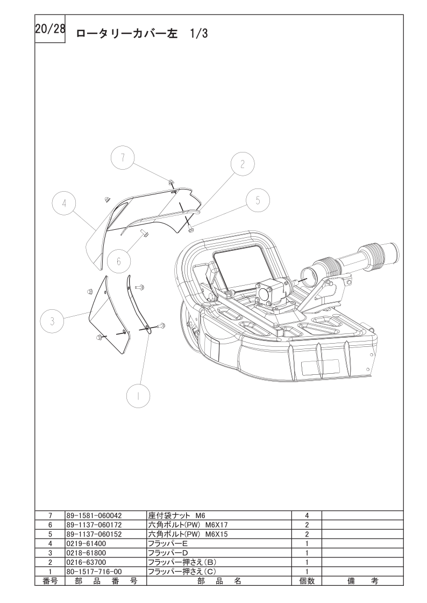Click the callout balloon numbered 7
point(122,158)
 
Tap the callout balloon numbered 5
point(258,200)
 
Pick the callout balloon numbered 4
point(64,203)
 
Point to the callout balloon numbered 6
point(119,261)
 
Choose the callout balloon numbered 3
point(52,321)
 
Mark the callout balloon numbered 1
point(138,396)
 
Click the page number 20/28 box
point(49,29)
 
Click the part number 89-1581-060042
point(94,515)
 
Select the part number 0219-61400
point(86,543)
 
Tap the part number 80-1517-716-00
point(94,571)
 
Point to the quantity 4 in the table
point(307,515)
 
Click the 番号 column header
point(49,581)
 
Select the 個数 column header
point(307,581)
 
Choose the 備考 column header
point(362,581)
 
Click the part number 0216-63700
point(86,562)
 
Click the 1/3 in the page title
point(198,34)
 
